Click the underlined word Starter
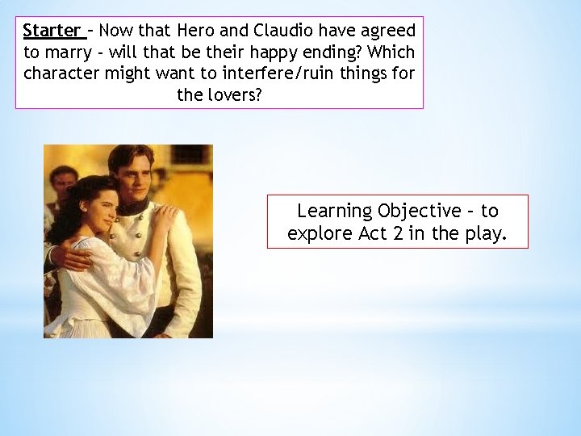pos(52,31)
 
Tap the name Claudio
pos(282,31)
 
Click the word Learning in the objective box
pos(332,211)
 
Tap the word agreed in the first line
pos(386,31)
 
